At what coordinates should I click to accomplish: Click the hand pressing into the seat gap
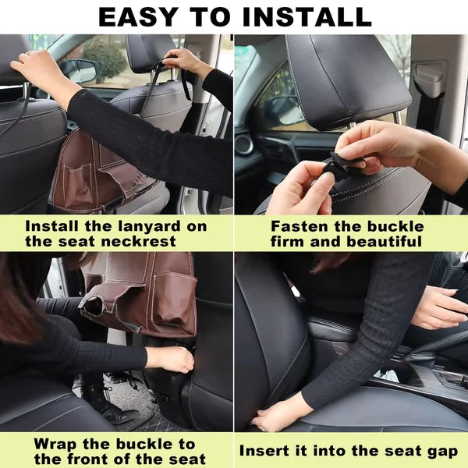pyautogui.click(x=277, y=413)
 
